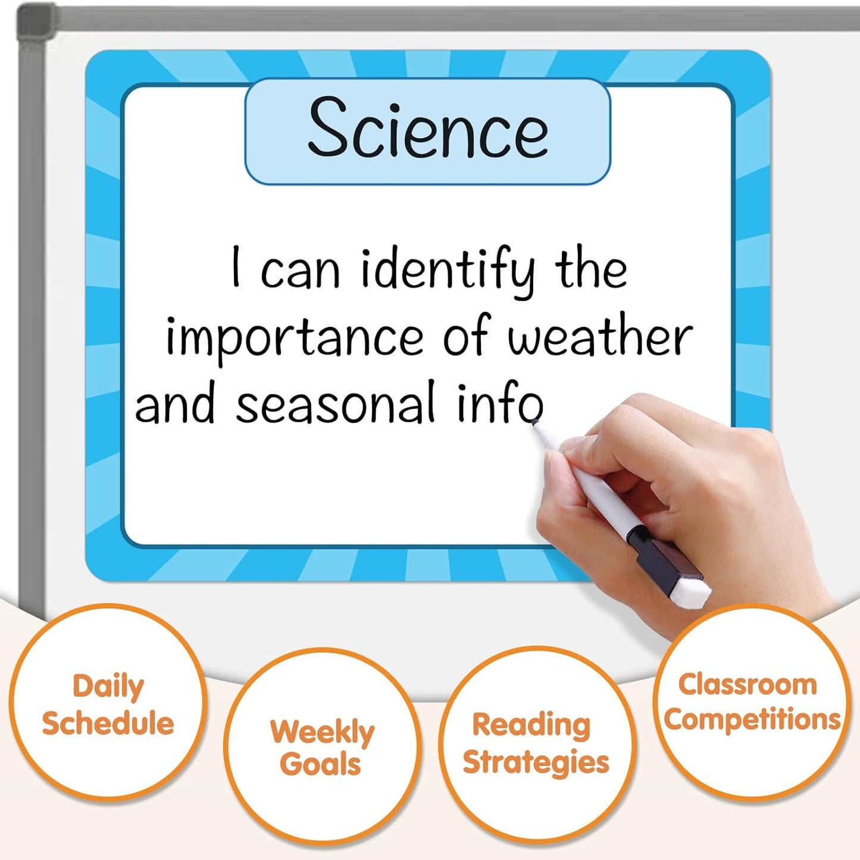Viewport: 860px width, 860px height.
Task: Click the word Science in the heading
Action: coord(428,129)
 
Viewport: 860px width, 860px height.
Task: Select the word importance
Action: coord(294,337)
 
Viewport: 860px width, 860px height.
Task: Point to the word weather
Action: coord(600,336)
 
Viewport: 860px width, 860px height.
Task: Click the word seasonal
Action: coord(336,404)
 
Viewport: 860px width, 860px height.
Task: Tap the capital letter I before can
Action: coord(236,267)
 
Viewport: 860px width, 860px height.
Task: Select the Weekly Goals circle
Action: coord(322,747)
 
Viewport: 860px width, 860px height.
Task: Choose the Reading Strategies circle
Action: coord(536,743)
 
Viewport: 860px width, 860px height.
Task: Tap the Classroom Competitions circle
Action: coord(752,702)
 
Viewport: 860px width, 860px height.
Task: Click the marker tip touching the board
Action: coord(536,422)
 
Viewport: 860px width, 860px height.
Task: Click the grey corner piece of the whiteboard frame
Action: coord(36,24)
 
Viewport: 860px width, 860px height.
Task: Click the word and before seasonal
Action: coord(175,404)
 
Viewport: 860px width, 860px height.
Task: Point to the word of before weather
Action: coord(465,336)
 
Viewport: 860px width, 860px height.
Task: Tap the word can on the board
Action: coord(300,271)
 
